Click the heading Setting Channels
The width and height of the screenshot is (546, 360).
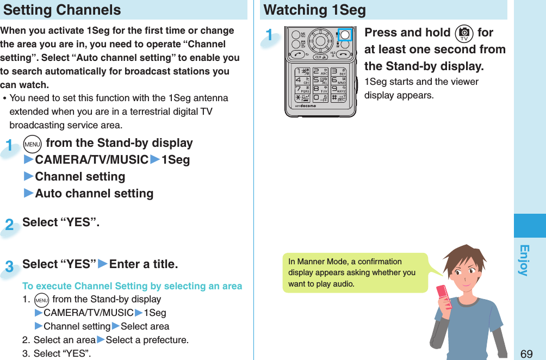coord(63,10)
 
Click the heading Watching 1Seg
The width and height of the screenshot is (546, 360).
coord(314,10)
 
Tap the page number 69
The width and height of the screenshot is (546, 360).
coord(526,353)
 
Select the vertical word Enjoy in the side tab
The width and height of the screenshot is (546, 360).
coord(524,260)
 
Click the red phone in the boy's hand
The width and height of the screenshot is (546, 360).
coord(444,296)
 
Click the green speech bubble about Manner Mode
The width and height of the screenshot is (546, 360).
coord(353,272)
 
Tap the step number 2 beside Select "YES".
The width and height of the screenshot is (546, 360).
coord(10,225)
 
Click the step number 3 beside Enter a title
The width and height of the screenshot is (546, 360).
coord(10,266)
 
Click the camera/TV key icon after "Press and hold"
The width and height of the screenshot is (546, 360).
coord(463,33)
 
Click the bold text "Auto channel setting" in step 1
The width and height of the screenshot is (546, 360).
coord(94,193)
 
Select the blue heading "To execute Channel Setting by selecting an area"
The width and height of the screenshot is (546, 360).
coord(132,285)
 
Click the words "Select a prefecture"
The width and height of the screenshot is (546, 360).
coord(147,340)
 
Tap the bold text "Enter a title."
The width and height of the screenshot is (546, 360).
coord(144,264)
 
